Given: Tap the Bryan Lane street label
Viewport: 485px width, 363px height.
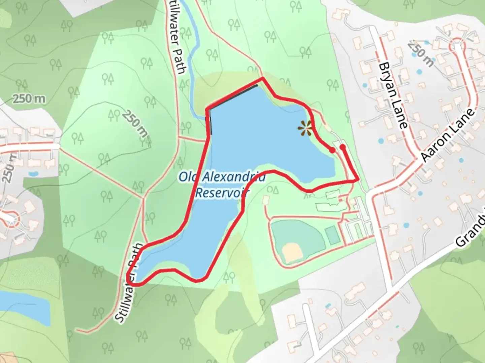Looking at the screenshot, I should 393,95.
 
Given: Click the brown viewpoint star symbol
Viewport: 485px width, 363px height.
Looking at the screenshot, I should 305,128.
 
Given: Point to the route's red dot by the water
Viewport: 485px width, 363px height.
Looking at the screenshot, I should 332,150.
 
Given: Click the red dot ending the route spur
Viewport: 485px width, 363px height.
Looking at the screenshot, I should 343,147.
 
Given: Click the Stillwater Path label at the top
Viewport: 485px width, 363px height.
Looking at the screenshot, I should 178,37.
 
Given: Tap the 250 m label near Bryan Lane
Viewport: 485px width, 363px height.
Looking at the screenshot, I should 421,54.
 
